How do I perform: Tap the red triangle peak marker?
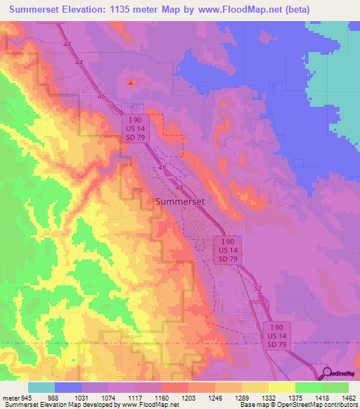point(131,82)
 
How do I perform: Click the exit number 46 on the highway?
point(101,96)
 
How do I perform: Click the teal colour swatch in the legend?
point(41,387)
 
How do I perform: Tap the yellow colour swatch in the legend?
point(282,387)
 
